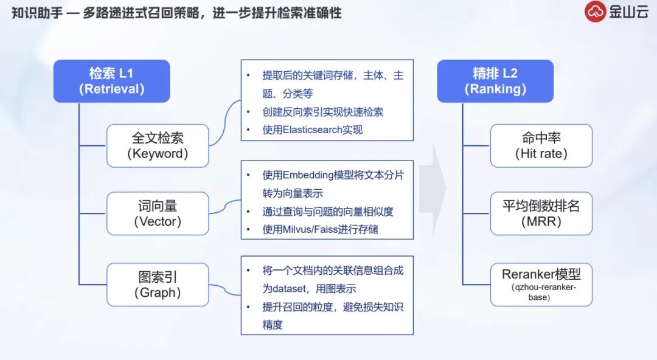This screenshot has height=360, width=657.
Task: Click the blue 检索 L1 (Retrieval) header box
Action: click(111, 81)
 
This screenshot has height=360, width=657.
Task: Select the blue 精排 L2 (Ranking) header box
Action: click(495, 81)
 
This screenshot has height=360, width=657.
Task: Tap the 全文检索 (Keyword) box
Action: click(158, 146)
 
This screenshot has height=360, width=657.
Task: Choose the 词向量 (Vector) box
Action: click(158, 213)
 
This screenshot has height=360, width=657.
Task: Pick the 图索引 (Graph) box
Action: click(158, 285)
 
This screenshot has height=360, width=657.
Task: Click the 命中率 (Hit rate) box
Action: click(541, 146)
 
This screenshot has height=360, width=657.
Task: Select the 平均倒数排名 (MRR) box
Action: click(541, 213)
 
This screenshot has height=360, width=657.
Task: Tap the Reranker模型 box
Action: click(541, 285)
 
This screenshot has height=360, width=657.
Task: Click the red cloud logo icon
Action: click(596, 12)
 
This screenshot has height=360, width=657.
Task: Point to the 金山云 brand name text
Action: click(629, 12)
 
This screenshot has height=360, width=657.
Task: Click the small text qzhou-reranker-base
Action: click(541, 292)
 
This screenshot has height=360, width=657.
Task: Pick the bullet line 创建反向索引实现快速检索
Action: click(322, 112)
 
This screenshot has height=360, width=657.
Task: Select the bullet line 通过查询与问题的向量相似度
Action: click(327, 211)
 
